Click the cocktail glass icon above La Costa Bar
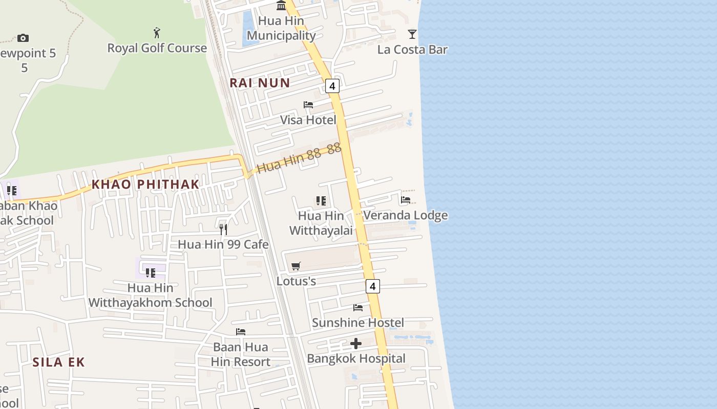click(x=412, y=34)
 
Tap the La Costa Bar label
click(x=412, y=50)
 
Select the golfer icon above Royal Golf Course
click(x=157, y=33)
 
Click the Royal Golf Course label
click(x=157, y=48)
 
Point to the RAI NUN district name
click(x=260, y=83)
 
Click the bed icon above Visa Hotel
click(x=308, y=105)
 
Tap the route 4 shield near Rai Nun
click(x=332, y=86)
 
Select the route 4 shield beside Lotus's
click(x=373, y=286)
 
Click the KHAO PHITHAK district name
click(x=145, y=185)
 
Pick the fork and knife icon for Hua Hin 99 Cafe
click(x=223, y=229)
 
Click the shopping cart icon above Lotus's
click(x=296, y=266)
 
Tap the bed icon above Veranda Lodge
click(x=406, y=200)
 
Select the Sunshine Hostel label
click(x=358, y=323)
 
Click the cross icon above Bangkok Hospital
click(x=356, y=344)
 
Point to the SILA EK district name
click(x=58, y=362)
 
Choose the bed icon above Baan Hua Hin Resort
click(x=241, y=332)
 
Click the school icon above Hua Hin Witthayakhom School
click(x=150, y=272)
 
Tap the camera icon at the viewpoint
click(x=23, y=38)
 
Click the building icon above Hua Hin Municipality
click(x=281, y=6)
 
